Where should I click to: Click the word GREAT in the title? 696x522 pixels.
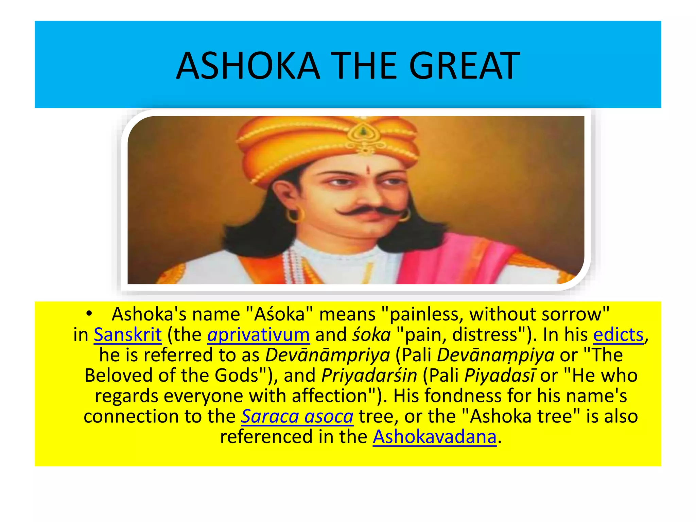[x=464, y=66]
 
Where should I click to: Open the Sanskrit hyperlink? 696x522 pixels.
[x=128, y=335]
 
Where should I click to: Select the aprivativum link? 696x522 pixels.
[x=258, y=335]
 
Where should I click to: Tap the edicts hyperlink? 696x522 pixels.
[x=618, y=335]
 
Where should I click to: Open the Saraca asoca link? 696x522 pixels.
[x=297, y=416]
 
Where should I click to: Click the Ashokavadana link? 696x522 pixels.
[x=434, y=437]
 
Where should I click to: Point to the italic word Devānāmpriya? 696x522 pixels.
[x=328, y=355]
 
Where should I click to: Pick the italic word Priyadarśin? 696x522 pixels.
[x=369, y=376]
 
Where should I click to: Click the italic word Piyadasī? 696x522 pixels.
[x=500, y=376]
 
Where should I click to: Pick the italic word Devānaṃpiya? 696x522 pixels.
[x=495, y=355]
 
